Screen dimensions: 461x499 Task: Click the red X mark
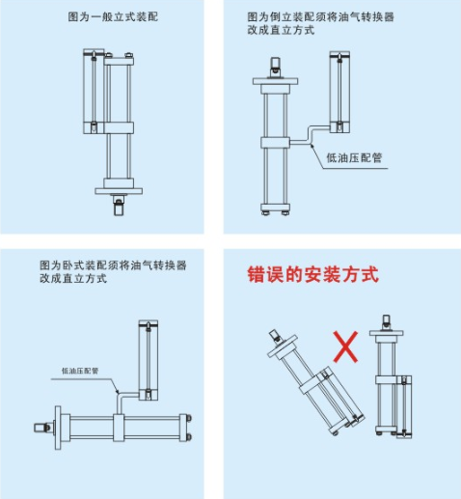click(345, 347)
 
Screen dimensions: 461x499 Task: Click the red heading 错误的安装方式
click(313, 274)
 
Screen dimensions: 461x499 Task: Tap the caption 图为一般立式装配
click(113, 16)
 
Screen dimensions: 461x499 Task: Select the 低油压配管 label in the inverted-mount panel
click(354, 157)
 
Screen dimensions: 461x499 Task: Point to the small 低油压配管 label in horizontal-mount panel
click(80, 371)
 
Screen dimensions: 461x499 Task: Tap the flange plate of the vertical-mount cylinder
click(119, 191)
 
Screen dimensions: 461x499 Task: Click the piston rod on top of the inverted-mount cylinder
click(275, 67)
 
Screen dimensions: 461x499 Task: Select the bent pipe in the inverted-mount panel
click(310, 135)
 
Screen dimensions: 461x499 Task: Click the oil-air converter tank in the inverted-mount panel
click(339, 92)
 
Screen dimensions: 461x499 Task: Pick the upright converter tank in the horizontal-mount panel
click(149, 360)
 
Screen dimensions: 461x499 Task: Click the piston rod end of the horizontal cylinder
click(42, 428)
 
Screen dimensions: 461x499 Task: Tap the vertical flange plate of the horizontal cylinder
click(58, 428)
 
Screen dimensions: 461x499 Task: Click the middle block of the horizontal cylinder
click(119, 428)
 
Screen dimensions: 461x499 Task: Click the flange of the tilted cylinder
click(283, 347)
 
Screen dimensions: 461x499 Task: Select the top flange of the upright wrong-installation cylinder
click(386, 333)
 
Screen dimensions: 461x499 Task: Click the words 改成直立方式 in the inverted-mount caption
click(281, 30)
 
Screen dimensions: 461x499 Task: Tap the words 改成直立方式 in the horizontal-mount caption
click(73, 278)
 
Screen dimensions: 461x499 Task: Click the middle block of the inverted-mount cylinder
click(275, 143)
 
